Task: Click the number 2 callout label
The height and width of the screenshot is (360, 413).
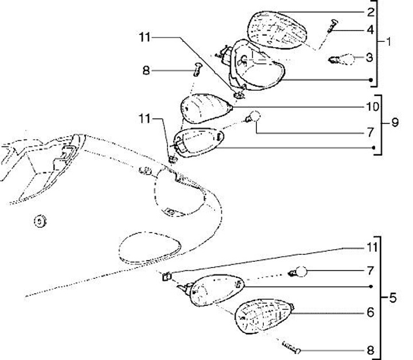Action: point(371,11)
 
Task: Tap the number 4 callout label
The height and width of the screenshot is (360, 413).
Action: point(371,29)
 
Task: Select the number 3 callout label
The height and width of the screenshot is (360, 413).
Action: point(371,57)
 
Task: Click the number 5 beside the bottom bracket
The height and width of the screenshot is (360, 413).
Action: point(393,298)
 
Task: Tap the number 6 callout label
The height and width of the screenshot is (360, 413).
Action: point(371,313)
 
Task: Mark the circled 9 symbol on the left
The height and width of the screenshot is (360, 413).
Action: point(39,220)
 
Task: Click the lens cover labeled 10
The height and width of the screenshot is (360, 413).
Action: point(205,106)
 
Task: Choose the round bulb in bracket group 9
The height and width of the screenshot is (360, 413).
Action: point(256,117)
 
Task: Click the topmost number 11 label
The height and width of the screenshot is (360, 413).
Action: point(144,38)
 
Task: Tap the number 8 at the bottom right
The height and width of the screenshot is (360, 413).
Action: point(371,349)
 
